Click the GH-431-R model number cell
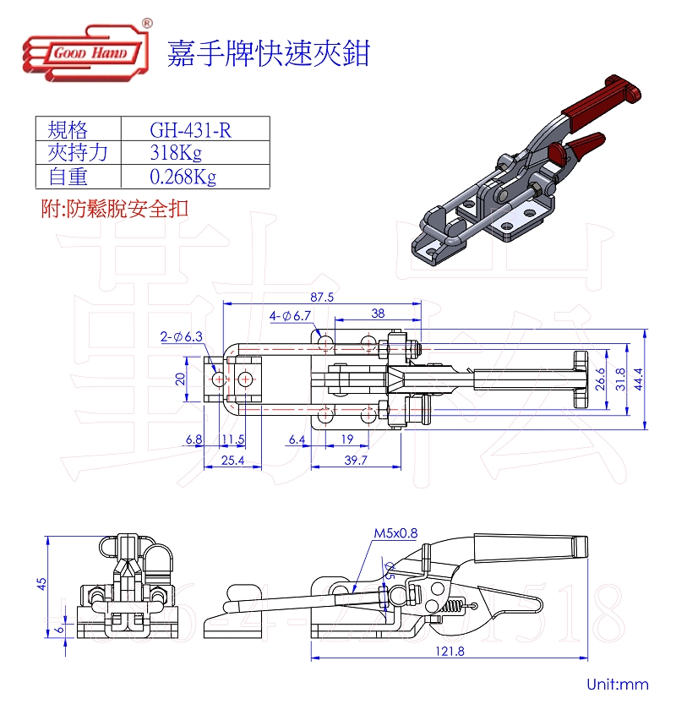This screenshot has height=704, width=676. (190, 129)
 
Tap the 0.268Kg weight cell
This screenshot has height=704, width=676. (183, 177)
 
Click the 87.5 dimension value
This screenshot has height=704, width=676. (323, 297)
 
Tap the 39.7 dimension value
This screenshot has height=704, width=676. (356, 460)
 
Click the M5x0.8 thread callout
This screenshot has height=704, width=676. (395, 533)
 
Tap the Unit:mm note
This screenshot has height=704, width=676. (618, 684)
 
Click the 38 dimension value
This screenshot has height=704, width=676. (378, 314)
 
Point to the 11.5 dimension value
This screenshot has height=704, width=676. (233, 440)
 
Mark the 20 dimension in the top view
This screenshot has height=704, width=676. (179, 379)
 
